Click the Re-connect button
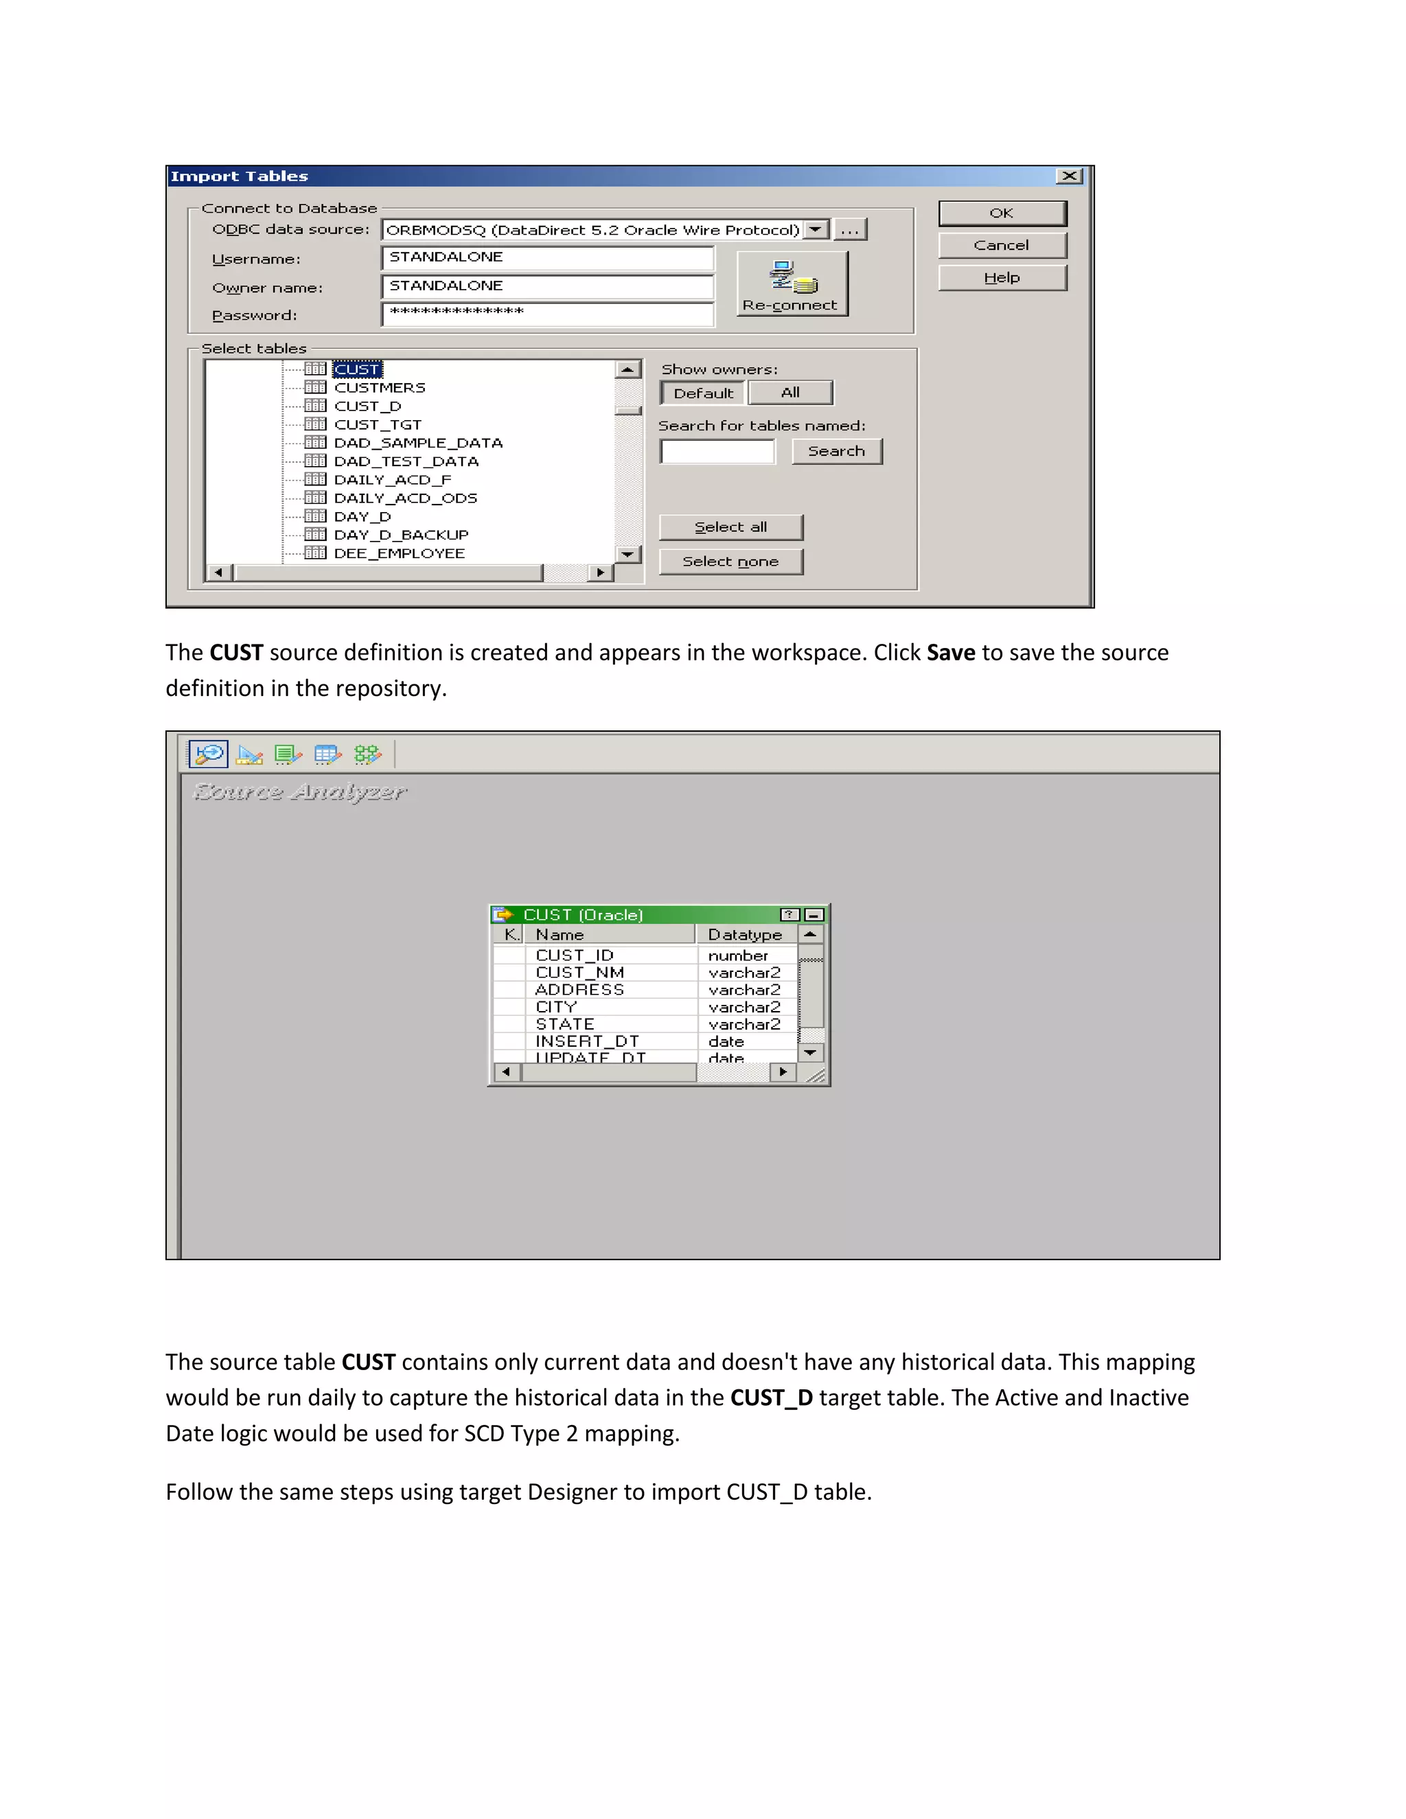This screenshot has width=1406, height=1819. [x=792, y=285]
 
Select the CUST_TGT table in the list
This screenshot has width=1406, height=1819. [x=378, y=425]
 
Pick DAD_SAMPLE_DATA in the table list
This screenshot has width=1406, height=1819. [x=417, y=443]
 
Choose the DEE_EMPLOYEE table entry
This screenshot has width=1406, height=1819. [x=399, y=554]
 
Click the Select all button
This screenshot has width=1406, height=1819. [x=730, y=527]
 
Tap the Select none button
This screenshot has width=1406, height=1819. [x=730, y=561]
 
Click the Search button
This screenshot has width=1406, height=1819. [x=836, y=452]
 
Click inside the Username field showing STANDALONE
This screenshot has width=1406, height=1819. [x=547, y=257]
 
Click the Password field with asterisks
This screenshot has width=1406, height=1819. [x=547, y=313]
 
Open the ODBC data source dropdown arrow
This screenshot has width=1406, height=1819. [x=817, y=229]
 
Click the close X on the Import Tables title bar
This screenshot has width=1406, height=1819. [x=1069, y=176]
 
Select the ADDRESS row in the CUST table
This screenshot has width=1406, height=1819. [x=579, y=989]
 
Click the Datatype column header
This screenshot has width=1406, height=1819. [x=745, y=934]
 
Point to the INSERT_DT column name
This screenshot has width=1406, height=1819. [x=586, y=1041]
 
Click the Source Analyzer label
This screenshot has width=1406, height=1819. [x=300, y=792]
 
